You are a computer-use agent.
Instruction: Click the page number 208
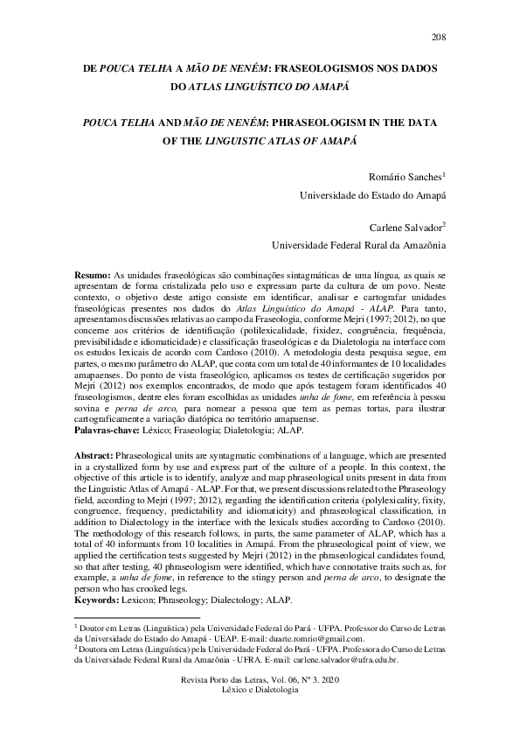point(438,36)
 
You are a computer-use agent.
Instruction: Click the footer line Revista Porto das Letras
point(259,679)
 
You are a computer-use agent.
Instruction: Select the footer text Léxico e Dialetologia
point(259,690)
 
